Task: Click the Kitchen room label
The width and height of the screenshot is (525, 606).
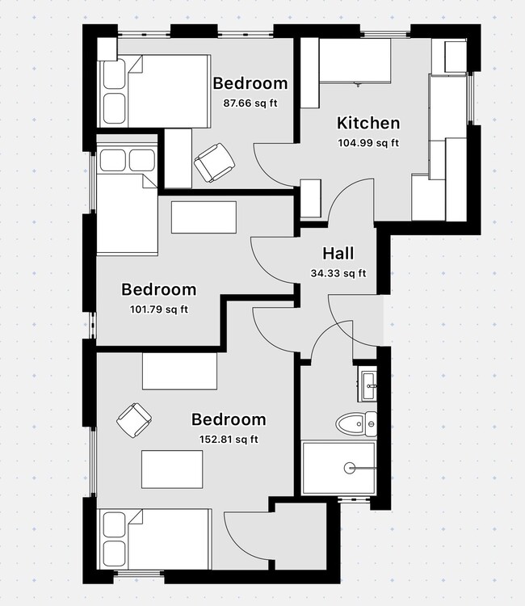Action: click(x=367, y=124)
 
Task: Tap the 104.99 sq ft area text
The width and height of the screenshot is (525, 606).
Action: click(x=367, y=143)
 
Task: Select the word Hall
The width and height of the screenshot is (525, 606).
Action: click(x=338, y=254)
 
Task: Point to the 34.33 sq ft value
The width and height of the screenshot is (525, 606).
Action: click(x=338, y=273)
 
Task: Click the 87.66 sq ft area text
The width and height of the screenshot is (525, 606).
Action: click(x=250, y=103)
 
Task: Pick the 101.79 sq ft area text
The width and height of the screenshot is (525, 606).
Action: click(x=158, y=309)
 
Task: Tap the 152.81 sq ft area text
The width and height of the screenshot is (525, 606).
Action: click(x=229, y=440)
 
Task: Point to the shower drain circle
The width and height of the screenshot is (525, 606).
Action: click(x=350, y=467)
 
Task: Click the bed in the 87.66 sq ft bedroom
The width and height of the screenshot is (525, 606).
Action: click(x=153, y=90)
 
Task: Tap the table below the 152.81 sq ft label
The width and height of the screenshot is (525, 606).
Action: click(x=172, y=469)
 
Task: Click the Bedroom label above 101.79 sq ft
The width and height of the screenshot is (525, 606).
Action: click(x=158, y=289)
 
